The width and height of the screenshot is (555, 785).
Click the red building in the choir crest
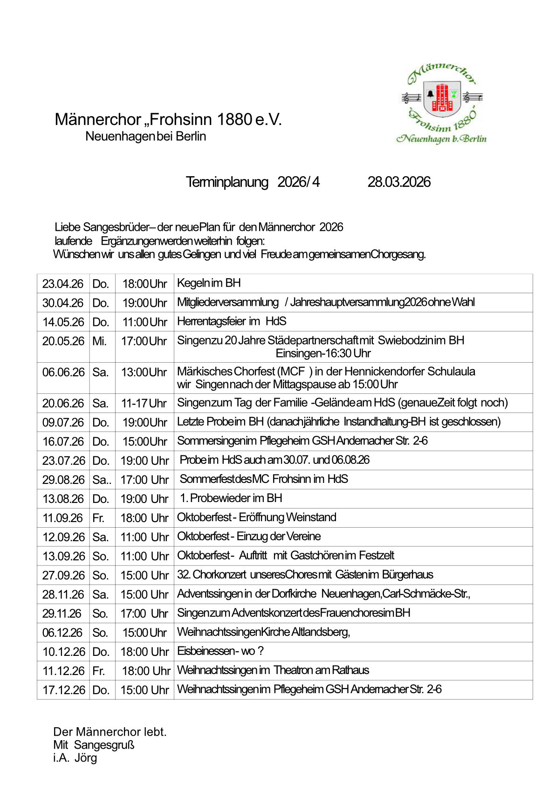[442, 98]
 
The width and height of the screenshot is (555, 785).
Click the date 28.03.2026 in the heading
[399, 182]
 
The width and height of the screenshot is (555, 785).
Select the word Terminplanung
[227, 182]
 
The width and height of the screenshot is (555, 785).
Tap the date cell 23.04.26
[63, 283]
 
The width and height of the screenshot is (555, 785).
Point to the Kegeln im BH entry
[209, 283]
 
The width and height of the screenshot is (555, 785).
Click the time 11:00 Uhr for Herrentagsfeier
[144, 322]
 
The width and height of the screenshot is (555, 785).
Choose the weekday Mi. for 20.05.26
[99, 341]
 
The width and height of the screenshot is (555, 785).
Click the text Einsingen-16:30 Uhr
[323, 353]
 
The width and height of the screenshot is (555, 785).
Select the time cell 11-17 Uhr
[144, 403]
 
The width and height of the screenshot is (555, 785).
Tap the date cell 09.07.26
[63, 422]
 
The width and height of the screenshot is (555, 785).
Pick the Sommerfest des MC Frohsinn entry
[264, 479]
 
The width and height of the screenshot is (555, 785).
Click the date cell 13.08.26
[63, 499]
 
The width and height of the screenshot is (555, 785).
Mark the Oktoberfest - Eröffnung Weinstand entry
[257, 517]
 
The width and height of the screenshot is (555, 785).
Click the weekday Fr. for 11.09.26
[98, 518]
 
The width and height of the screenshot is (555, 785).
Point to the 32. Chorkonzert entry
[305, 574]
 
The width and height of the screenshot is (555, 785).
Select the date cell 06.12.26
[62, 633]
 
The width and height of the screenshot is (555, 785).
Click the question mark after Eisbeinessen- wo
[260, 651]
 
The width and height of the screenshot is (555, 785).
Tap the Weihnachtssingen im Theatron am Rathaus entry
[273, 670]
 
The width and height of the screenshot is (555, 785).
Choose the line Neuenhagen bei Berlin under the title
[145, 137]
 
